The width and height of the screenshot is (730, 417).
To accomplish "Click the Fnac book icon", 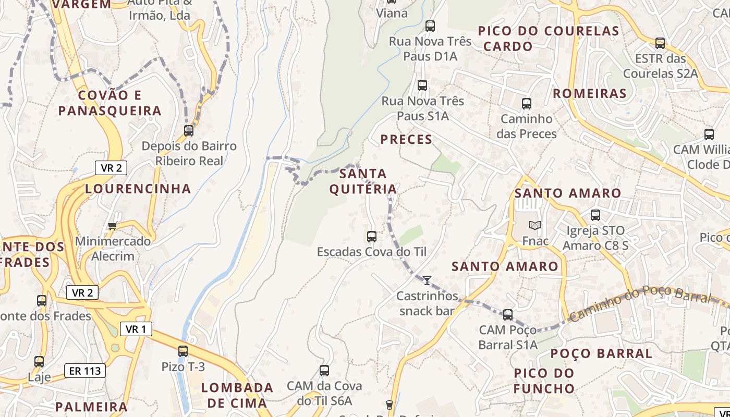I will (x=535, y=225).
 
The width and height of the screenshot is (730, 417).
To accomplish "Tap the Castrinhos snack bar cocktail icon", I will (x=427, y=280).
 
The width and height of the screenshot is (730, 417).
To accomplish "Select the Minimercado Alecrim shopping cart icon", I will (x=112, y=226).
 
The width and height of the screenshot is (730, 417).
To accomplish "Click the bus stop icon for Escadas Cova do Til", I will (x=372, y=237).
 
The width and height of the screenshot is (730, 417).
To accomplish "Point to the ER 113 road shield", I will (x=85, y=371).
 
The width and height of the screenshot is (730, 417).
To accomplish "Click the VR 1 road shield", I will (x=136, y=329).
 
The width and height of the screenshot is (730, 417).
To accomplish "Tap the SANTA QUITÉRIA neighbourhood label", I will (x=363, y=181).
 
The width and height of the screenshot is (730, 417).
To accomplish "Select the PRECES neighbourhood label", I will (x=406, y=139).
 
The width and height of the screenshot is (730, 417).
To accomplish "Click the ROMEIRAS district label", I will (x=589, y=93).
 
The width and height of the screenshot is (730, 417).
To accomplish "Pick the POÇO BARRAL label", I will (x=601, y=353).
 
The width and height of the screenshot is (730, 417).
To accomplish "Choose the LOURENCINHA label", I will (x=138, y=189).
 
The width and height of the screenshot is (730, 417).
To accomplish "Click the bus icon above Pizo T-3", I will (x=183, y=351).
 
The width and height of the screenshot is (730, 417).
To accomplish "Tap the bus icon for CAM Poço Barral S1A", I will (x=508, y=315).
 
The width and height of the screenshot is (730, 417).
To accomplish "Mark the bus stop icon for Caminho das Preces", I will (x=527, y=104).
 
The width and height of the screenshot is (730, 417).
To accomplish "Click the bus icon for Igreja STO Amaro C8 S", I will (x=595, y=215).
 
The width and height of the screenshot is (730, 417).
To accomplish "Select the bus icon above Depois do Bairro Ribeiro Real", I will (x=189, y=131).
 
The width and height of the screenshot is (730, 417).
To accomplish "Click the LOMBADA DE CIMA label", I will (x=237, y=395).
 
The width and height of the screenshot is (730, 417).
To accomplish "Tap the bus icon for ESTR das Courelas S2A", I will (x=660, y=43).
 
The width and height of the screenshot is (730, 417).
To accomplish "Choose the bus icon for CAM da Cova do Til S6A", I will (x=324, y=371).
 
